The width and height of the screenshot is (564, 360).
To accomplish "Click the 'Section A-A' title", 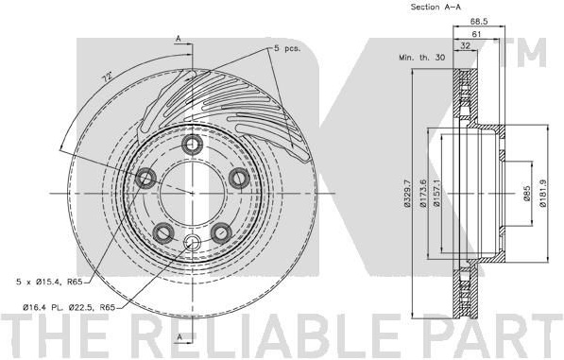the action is point(436,7).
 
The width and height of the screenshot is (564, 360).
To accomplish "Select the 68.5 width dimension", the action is point(479,22).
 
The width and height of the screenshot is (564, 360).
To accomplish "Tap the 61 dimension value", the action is point(476,35).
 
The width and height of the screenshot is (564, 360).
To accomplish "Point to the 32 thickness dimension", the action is point(466,45).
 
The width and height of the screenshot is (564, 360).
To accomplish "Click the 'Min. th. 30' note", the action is point(422,58).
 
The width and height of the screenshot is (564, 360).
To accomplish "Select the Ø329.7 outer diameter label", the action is point(407,194).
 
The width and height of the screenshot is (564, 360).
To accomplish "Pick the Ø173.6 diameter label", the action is point(423,194).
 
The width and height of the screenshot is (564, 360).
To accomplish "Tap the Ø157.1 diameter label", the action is point(436,193).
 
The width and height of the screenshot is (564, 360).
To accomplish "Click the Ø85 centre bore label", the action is point(527,194).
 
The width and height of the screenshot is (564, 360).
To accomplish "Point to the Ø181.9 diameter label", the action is point(543,194).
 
